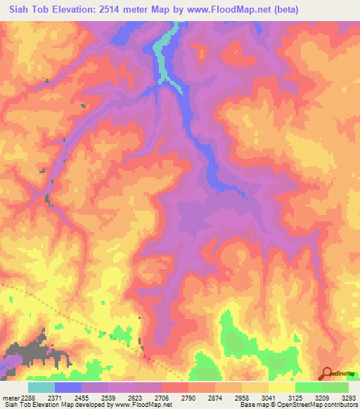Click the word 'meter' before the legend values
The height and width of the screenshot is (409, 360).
click(x=9, y=398)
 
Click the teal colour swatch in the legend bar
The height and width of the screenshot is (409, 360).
click(x=41, y=387)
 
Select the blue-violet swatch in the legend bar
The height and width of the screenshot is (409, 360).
click(x=68, y=387)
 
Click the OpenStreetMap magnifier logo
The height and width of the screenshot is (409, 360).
click(x=326, y=373)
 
